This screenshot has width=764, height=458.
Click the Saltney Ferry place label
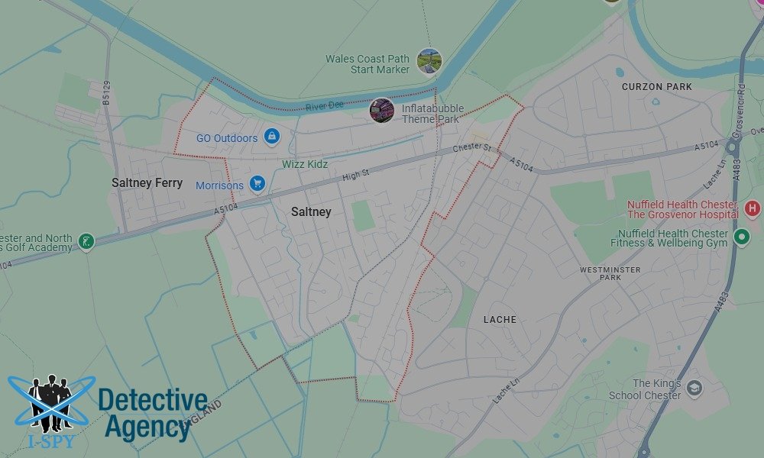[147, 183]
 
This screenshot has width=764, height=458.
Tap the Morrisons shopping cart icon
[257, 184]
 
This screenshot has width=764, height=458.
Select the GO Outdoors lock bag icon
[270, 137]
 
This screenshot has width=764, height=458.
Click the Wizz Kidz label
[304, 164]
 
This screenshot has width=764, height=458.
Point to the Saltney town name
[311, 211]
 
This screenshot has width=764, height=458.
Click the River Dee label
[325, 105]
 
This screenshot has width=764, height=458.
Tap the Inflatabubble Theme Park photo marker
[381, 111]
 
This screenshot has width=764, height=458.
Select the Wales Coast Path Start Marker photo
[429, 61]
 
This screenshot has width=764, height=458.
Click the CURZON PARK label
[656, 87]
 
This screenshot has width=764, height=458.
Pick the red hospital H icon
[753, 208]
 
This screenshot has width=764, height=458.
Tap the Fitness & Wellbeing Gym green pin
[741, 238]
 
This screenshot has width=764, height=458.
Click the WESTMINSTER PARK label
[610, 273]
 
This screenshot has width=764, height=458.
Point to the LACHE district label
[500, 319]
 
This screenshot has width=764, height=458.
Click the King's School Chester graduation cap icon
[694, 388]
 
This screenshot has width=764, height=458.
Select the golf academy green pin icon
[86, 242]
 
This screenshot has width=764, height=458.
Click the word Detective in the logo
[153, 401]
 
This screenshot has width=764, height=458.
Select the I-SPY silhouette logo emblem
[51, 405]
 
